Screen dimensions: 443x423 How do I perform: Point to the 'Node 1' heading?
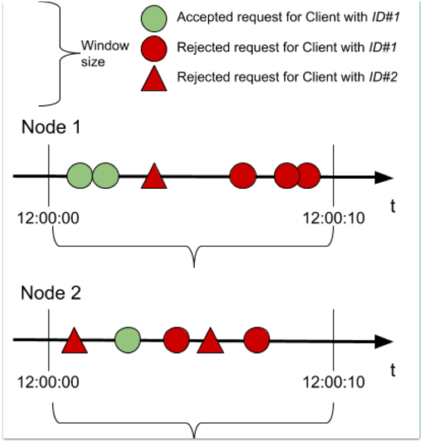(x=51, y=127)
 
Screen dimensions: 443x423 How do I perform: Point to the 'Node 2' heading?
(x=51, y=292)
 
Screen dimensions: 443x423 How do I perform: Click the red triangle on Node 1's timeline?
(x=154, y=177)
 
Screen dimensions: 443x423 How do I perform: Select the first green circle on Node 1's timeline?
(x=80, y=176)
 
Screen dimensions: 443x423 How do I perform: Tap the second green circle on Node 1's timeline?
(x=106, y=176)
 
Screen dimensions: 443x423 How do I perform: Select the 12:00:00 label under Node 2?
(x=48, y=381)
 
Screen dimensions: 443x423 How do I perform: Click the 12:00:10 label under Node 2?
(x=334, y=381)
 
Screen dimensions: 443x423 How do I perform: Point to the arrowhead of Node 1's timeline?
(x=384, y=177)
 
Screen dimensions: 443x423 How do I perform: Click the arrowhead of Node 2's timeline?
(x=384, y=341)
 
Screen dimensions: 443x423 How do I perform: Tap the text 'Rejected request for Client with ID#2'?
(x=286, y=76)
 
